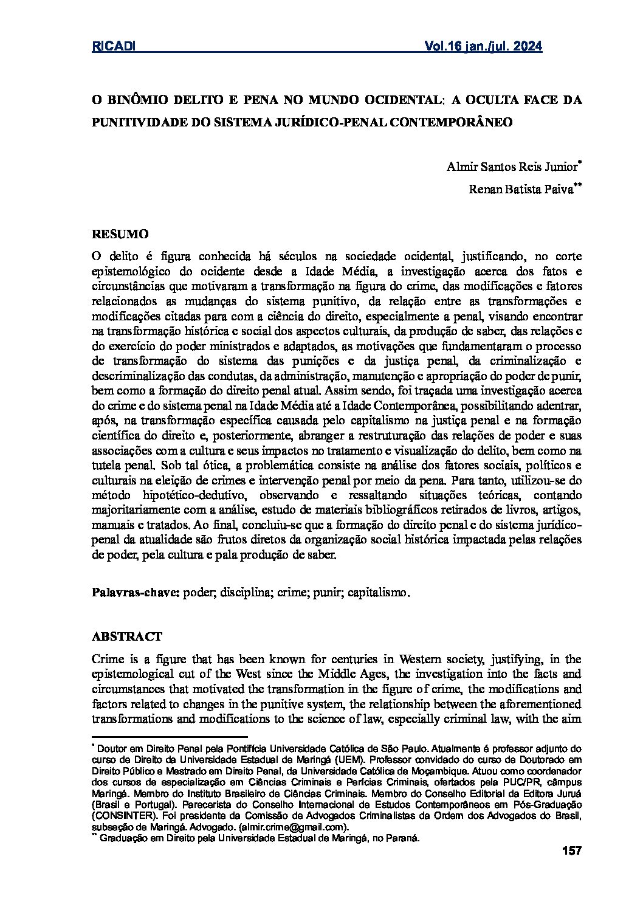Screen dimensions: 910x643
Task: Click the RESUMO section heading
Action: point(120,233)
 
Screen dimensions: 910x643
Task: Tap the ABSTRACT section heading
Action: point(126,636)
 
